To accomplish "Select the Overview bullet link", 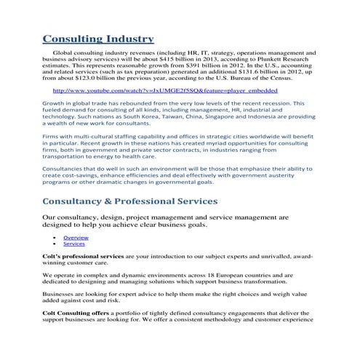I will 76,238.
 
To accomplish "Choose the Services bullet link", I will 73,244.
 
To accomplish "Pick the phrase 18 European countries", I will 227,277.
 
